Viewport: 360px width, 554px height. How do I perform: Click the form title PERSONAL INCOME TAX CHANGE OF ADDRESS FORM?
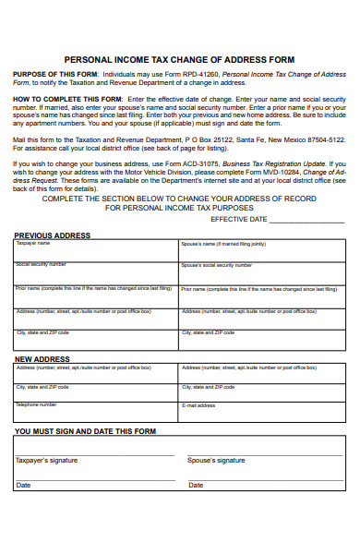click(x=179, y=57)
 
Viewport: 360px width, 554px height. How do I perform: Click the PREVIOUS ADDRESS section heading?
click(x=53, y=235)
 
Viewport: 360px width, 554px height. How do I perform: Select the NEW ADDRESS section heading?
click(x=42, y=358)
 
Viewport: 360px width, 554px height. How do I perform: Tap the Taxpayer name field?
click(x=96, y=251)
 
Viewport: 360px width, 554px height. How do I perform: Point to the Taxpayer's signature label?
click(x=47, y=460)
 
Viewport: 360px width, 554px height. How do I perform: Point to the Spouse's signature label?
click(x=216, y=460)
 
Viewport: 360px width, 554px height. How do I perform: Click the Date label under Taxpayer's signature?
click(x=23, y=485)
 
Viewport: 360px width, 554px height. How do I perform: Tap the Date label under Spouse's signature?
click(x=196, y=485)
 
